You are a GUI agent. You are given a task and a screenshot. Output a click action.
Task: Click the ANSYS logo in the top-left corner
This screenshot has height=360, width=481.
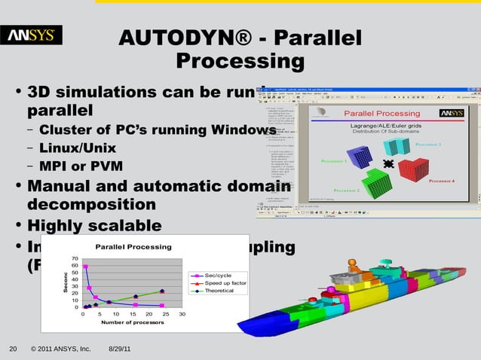point(35,35)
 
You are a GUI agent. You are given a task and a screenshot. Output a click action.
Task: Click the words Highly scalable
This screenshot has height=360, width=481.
point(93,226)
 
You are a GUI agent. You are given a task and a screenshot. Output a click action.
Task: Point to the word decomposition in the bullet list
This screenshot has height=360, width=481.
point(91,205)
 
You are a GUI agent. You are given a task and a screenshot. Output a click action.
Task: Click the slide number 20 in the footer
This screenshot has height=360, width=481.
point(12,349)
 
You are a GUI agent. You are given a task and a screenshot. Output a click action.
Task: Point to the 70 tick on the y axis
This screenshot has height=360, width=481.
point(74,260)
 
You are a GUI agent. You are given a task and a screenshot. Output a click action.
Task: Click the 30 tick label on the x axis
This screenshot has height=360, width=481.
point(182,314)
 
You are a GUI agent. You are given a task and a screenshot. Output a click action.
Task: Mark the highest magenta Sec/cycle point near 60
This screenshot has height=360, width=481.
point(86,267)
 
